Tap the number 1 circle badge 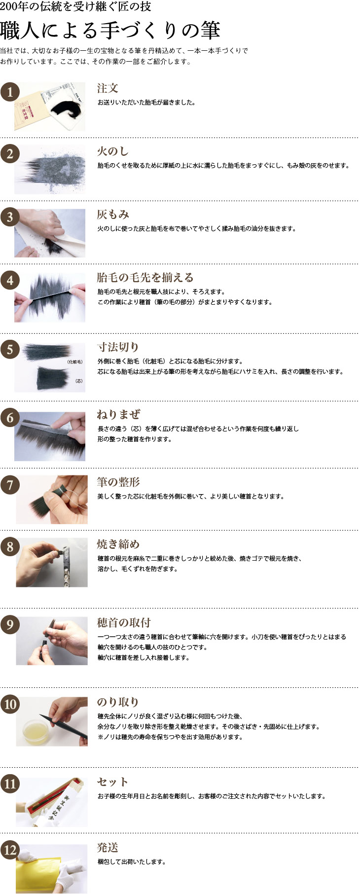(x=10, y=92)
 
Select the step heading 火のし (x=113, y=151)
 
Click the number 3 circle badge (x=10, y=216)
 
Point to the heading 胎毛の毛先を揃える (x=145, y=278)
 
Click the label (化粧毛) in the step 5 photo (x=74, y=362)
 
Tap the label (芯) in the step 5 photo (x=78, y=381)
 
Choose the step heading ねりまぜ (x=118, y=414)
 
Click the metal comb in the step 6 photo (x=42, y=421)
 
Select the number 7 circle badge (x=10, y=485)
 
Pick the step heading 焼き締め (x=118, y=544)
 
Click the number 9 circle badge (x=10, y=625)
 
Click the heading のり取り (x=118, y=702)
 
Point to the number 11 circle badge (x=10, y=784)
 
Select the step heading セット (x=113, y=782)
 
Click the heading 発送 (x=108, y=848)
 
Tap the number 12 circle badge (x=10, y=850)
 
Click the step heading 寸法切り (x=118, y=347)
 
